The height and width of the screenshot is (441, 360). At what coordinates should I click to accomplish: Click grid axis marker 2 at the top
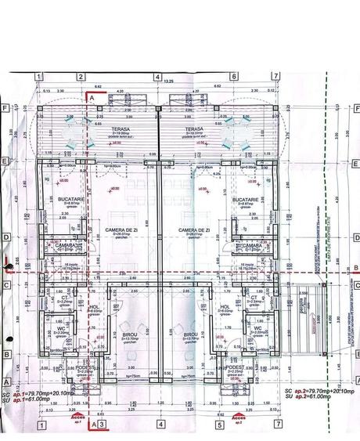pyautogui.click(x=81, y=77)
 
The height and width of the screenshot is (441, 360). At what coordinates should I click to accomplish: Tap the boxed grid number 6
pyautogui.click(x=234, y=77)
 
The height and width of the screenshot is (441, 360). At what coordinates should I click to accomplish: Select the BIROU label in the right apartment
pyautogui.click(x=190, y=333)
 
